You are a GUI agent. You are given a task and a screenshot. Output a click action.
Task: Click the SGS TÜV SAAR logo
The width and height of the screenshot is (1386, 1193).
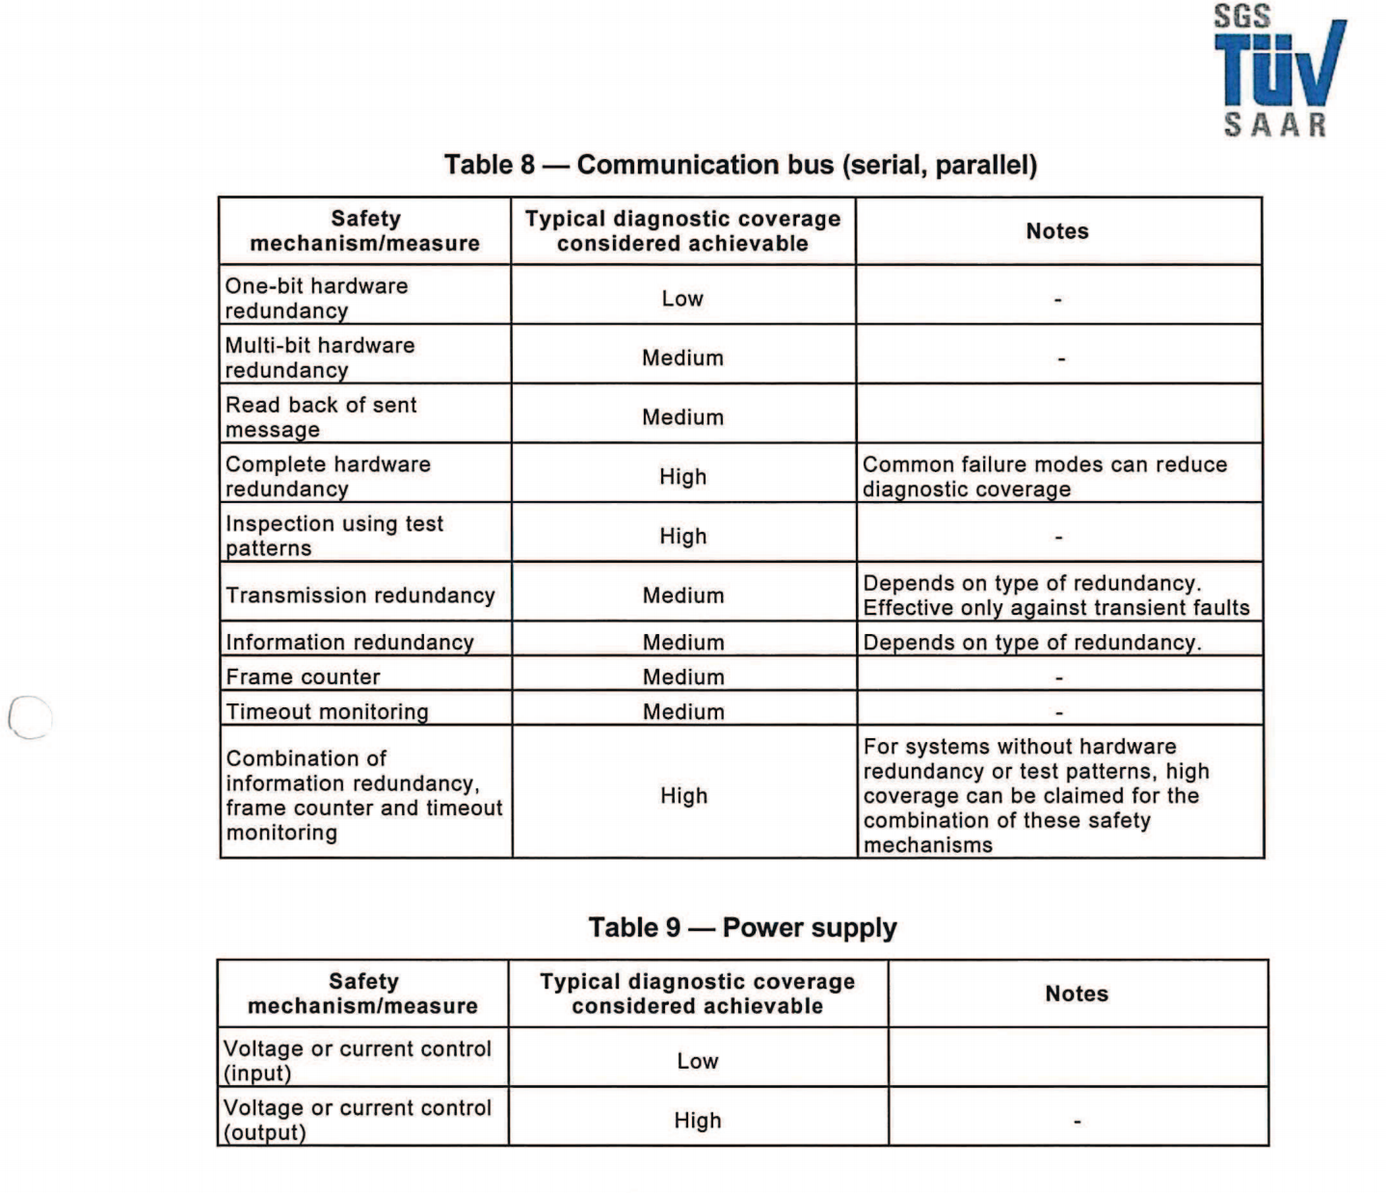click(1278, 71)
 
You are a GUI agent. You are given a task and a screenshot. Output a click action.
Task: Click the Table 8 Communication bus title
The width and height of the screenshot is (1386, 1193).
click(740, 165)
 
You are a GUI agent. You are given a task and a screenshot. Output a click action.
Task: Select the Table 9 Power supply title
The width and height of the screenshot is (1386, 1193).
click(742, 928)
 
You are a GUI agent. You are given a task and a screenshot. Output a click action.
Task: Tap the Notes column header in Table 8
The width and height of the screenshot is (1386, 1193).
click(1057, 231)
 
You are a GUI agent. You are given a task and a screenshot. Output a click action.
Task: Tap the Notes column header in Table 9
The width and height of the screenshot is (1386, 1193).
click(1077, 994)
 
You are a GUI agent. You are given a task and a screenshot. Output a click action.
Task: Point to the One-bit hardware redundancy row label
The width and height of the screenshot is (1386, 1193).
click(317, 298)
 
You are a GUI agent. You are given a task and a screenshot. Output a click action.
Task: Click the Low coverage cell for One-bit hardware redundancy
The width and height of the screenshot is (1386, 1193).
click(682, 299)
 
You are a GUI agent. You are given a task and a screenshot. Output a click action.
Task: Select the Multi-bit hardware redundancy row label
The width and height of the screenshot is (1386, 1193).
click(320, 358)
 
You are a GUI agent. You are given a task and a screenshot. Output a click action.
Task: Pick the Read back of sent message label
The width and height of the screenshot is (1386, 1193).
click(321, 417)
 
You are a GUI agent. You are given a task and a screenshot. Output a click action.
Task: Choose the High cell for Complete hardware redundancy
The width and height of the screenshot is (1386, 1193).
click(682, 477)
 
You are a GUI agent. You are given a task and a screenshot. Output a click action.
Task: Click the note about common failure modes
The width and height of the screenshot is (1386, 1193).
click(1045, 477)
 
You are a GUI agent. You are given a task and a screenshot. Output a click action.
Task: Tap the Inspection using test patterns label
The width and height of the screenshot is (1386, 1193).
click(334, 536)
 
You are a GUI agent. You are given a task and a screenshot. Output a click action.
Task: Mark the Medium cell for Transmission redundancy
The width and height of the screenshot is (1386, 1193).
click(683, 596)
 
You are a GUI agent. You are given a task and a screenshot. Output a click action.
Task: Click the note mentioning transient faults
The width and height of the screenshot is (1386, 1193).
click(1056, 596)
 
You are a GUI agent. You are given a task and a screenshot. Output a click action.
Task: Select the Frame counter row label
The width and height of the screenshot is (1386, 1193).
click(304, 676)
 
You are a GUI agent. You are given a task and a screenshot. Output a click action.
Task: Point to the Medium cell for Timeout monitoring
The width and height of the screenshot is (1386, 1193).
click(683, 711)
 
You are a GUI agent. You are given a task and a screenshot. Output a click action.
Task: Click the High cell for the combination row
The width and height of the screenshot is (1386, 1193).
click(683, 796)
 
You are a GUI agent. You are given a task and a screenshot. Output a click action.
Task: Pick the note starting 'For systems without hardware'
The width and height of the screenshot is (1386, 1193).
click(1036, 796)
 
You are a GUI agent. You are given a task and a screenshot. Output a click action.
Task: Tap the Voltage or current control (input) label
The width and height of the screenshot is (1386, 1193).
click(358, 1060)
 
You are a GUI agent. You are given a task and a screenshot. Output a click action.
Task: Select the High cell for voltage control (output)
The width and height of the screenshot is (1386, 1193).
click(698, 1121)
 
